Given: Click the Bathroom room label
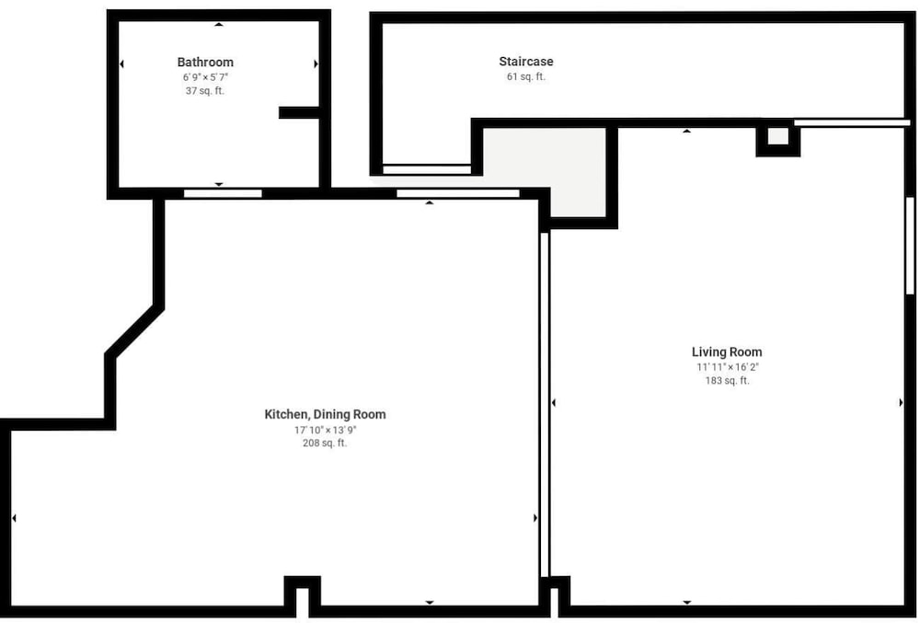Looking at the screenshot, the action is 205,63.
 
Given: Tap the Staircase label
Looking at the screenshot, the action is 525,61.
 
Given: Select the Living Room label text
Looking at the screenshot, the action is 727,352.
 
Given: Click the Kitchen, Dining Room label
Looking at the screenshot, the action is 325,414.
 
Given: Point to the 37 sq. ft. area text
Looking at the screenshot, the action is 205,91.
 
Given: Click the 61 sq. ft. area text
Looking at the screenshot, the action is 525,76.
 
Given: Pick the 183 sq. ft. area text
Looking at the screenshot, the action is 727,380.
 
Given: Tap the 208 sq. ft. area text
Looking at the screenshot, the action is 325,443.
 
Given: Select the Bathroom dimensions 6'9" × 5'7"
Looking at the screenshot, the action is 205,77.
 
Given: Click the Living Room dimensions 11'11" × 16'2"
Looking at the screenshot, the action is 728,366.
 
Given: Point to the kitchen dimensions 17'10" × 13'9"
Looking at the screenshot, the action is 325,430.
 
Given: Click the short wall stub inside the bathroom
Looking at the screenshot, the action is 299,112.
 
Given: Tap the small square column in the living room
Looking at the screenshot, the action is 778,137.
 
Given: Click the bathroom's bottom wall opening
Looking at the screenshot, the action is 223,193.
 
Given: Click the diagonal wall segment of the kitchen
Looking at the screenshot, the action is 135,330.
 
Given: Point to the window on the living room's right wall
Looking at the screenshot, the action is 910,245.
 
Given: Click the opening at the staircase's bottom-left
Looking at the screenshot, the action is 427,169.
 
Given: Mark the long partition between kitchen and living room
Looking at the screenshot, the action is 545,405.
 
